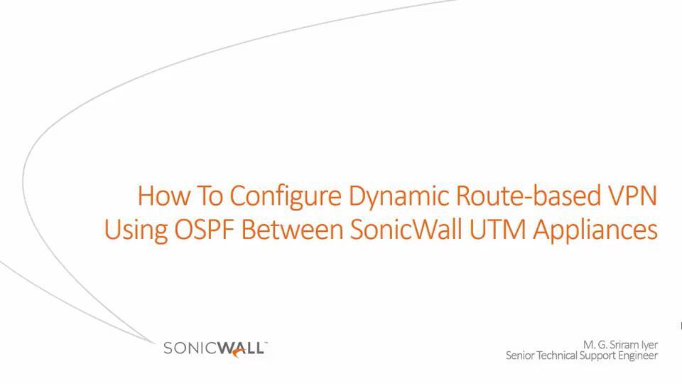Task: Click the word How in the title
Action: pyautogui.click(x=161, y=195)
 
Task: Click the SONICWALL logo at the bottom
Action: pyautogui.click(x=215, y=348)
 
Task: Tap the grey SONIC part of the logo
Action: pyautogui.click(x=190, y=348)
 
